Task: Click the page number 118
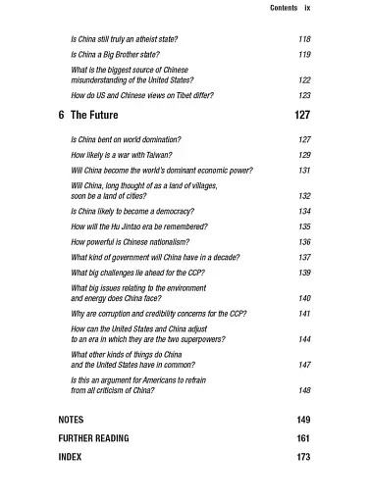coord(304,38)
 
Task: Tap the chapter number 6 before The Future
coord(63,116)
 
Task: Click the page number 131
coord(304,169)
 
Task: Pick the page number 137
coord(304,256)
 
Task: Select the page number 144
coord(304,338)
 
